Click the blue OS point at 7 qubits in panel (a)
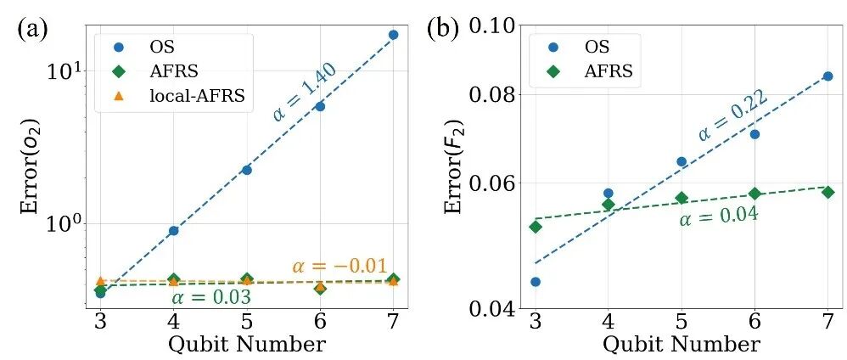[393, 35]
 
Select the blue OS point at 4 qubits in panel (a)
[173, 230]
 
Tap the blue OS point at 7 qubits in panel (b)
[827, 76]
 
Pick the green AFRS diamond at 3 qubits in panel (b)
[535, 227]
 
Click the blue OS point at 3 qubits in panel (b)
[535, 282]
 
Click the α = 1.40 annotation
[305, 93]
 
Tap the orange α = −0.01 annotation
[339, 266]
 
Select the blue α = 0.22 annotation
[732, 116]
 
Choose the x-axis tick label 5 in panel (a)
[246, 323]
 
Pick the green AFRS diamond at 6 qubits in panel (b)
[754, 194]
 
